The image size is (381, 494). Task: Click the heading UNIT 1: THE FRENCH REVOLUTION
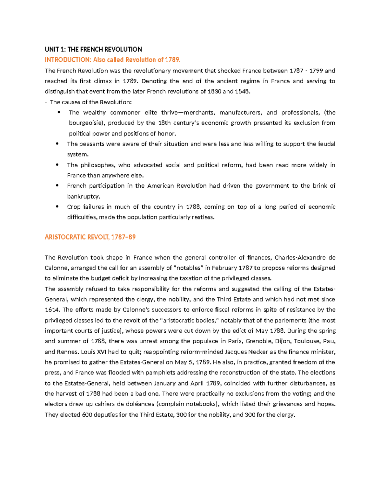point(93,49)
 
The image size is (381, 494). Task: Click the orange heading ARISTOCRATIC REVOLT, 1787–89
point(90,237)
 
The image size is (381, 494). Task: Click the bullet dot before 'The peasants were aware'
point(57,144)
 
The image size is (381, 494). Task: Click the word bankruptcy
point(83,196)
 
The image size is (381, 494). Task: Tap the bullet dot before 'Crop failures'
point(57,207)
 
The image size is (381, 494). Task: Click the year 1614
point(52,310)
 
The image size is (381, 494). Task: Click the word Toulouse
point(306,341)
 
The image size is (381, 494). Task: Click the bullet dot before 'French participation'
point(57,186)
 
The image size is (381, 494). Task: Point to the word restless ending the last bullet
point(202,218)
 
